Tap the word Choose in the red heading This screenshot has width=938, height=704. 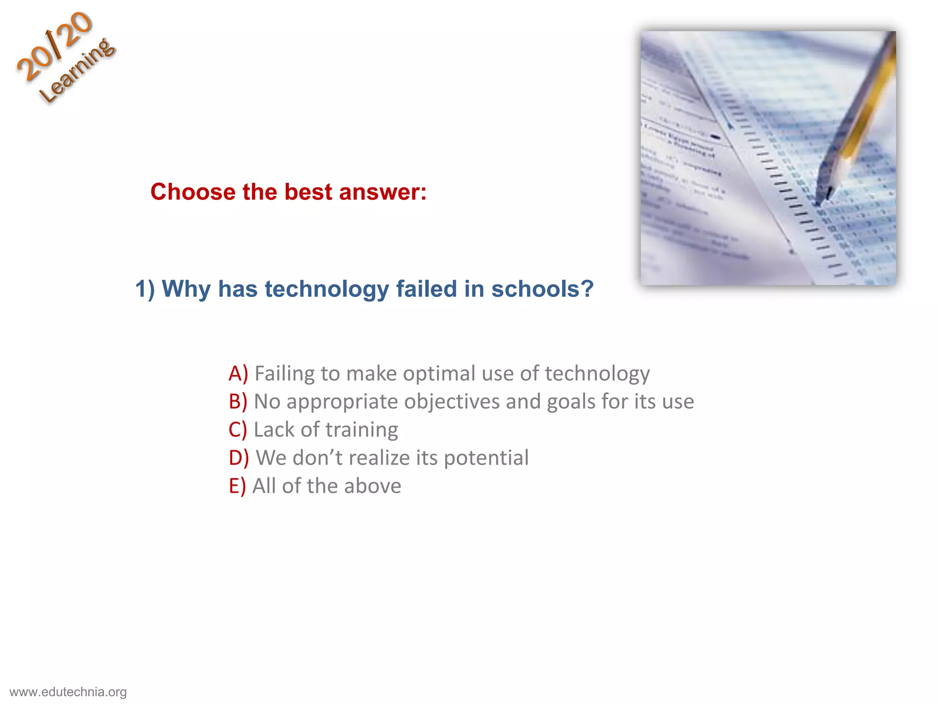click(x=192, y=192)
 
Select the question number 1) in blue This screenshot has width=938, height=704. click(x=145, y=289)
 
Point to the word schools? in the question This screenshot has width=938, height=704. click(x=542, y=289)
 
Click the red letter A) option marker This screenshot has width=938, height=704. click(x=238, y=374)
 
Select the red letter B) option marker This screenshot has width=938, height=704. click(x=238, y=401)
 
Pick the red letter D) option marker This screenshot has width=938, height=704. click(x=239, y=458)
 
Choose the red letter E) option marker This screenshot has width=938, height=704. click(x=237, y=486)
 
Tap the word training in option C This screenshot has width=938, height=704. click(x=362, y=430)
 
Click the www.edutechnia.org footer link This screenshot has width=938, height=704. click(x=68, y=692)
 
